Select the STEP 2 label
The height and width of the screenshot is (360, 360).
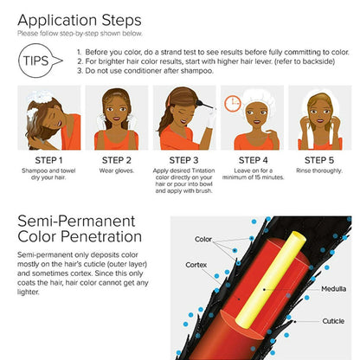(x=116, y=159)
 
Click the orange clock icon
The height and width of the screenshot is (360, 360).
(x=233, y=103)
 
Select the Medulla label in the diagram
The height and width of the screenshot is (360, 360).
(x=332, y=289)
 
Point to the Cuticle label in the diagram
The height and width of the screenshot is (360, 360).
(x=332, y=320)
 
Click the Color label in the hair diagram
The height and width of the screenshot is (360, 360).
(x=203, y=239)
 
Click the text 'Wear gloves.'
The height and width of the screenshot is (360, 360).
(x=116, y=170)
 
